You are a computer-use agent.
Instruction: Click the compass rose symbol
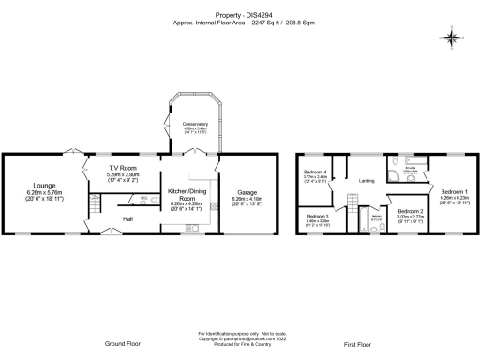[452, 38]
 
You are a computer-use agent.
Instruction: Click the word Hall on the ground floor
[127, 220]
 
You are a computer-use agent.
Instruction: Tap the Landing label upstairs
[367, 181]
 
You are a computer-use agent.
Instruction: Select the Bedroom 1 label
[455, 191]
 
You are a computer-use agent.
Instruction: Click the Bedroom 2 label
[410, 212]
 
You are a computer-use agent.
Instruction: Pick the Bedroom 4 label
[315, 172]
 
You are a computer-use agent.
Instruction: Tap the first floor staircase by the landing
[352, 202]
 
